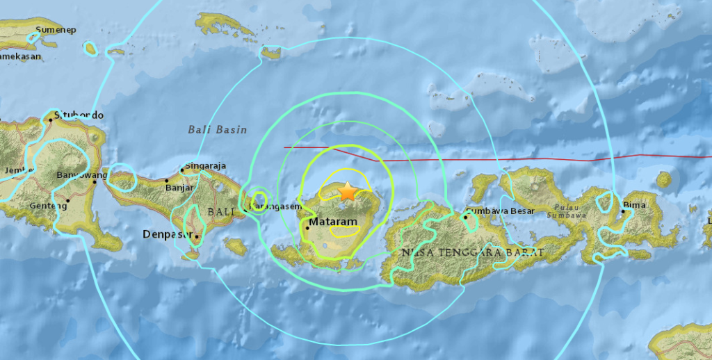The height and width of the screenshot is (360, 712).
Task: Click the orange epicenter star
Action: (346, 190)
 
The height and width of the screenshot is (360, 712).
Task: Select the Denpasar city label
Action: (167, 234)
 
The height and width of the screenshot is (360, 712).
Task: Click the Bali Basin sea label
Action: (212, 129)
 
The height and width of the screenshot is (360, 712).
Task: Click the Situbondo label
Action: (79, 115)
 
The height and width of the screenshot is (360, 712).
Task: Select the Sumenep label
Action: (56, 30)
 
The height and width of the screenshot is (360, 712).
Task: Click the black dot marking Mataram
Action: (307, 227)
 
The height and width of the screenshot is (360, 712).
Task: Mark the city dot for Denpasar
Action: (197, 237)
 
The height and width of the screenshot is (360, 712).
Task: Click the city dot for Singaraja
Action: (182, 169)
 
